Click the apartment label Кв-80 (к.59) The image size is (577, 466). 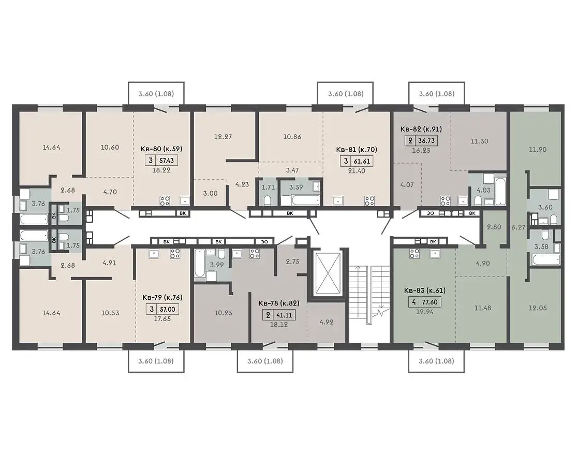point(161,149)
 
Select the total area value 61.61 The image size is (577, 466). point(362,161)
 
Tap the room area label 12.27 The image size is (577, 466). point(223,137)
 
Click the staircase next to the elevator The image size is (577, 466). point(369,295)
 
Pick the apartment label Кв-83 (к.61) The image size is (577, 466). point(425,290)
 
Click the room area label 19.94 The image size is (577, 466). point(424,312)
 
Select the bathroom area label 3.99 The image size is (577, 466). point(217,264)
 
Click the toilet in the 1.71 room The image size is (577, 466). point(268,200)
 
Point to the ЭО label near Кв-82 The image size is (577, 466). point(430,213)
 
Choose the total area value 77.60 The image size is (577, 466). point(430,302)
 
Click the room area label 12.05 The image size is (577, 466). point(538,308)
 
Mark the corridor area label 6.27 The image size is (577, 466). point(518,227)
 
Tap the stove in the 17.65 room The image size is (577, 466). point(175,253)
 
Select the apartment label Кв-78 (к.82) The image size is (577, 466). point(279,303)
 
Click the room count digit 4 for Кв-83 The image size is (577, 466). point(414,302)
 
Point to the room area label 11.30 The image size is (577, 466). point(479,141)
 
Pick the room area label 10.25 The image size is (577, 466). point(223,313)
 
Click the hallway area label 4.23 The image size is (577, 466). point(242,184)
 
